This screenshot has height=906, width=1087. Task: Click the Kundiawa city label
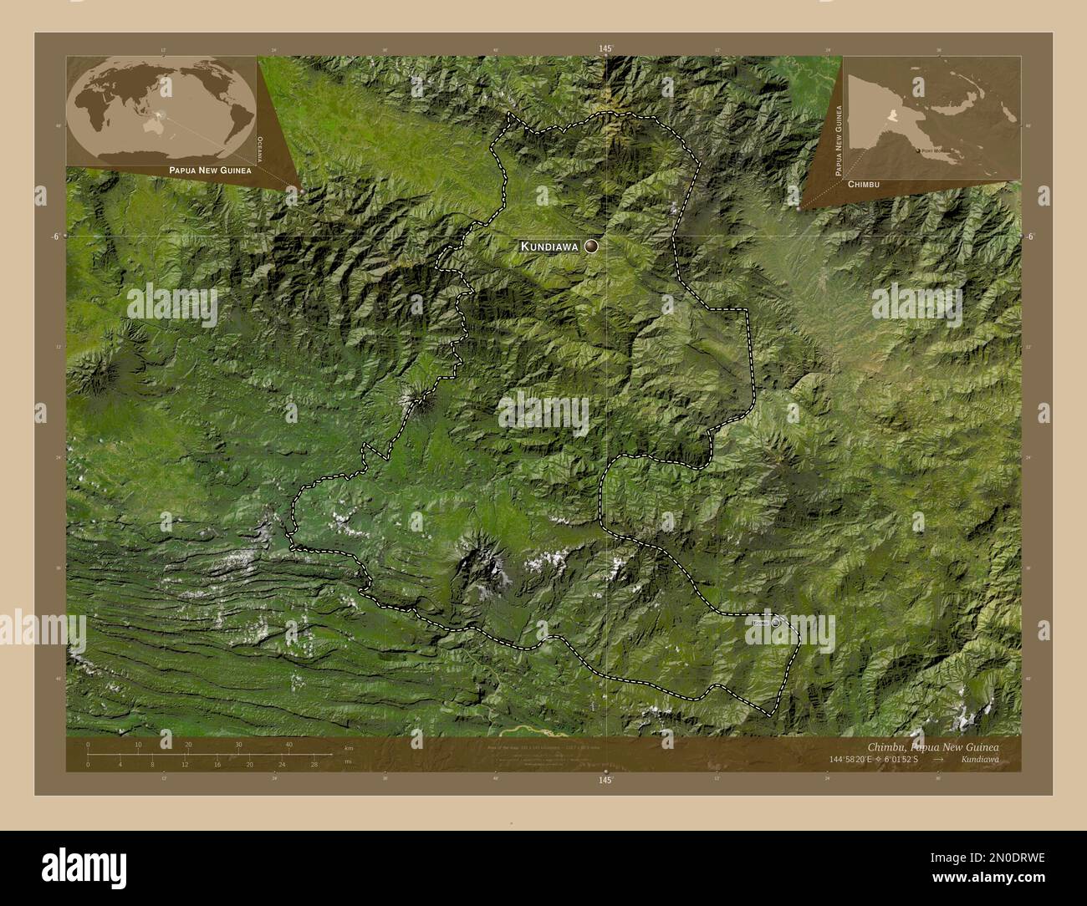click(549, 247)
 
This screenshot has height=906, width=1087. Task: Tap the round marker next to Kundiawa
click(592, 246)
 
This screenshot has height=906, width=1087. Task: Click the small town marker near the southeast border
click(776, 622)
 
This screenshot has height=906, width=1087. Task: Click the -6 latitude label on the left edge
click(54, 237)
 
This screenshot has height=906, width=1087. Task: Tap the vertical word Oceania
click(261, 150)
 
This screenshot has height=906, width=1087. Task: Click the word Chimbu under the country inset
click(863, 183)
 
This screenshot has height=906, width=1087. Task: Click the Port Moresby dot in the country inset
click(916, 150)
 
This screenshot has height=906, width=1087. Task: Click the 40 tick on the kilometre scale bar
click(289, 744)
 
